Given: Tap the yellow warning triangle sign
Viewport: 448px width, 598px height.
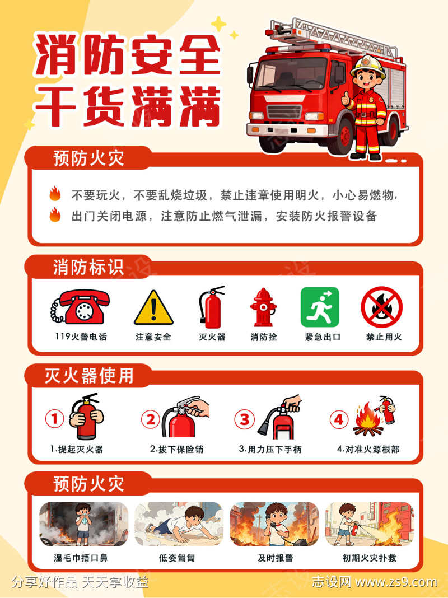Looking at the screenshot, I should pyautogui.click(x=153, y=309).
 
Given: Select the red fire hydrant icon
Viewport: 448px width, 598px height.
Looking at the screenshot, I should pyautogui.click(x=263, y=307).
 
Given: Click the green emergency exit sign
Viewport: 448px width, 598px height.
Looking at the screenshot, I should pyautogui.click(x=320, y=307).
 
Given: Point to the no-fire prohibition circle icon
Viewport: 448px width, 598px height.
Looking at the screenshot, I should pyautogui.click(x=381, y=307).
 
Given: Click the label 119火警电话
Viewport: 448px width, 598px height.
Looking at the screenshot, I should pyautogui.click(x=81, y=337).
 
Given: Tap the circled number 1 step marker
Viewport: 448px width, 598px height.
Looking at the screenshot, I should pyautogui.click(x=54, y=418).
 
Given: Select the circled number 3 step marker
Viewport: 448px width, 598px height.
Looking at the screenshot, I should pyautogui.click(x=244, y=419).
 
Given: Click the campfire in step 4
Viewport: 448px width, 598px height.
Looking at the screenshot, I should pyautogui.click(x=367, y=423).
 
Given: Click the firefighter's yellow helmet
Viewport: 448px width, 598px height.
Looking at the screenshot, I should pyautogui.click(x=368, y=66).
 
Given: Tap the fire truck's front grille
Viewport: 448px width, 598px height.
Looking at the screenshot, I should pyautogui.click(x=283, y=110).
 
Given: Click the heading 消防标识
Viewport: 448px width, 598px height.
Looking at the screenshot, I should pyautogui.click(x=88, y=267).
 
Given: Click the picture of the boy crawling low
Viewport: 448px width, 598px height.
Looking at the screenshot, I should pyautogui.click(x=179, y=524).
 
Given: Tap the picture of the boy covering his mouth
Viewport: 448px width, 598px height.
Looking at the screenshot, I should pyautogui.click(x=83, y=524).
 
